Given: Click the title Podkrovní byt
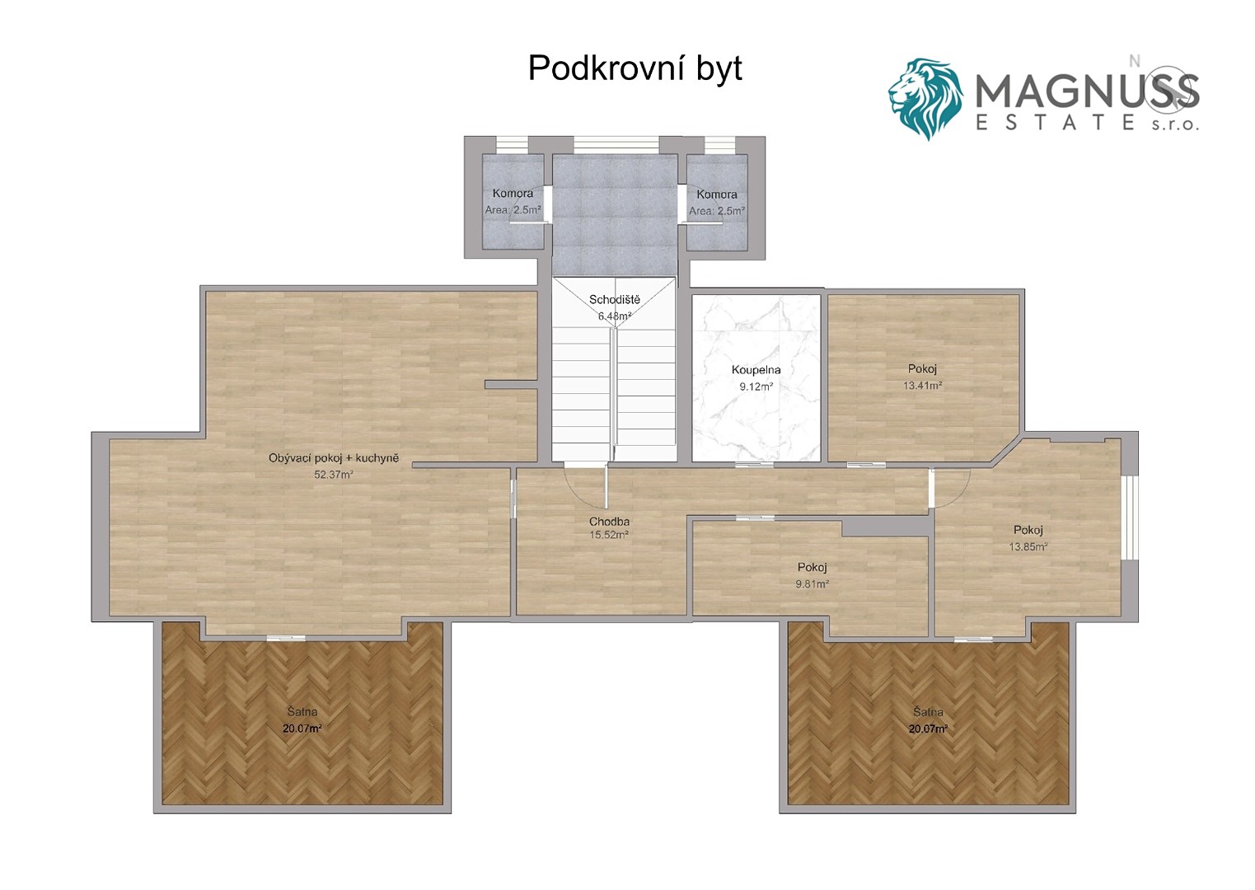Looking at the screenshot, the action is (x=635, y=69).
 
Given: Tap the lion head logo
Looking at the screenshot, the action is (x=925, y=99).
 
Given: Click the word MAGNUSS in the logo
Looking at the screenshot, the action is (x=1087, y=92).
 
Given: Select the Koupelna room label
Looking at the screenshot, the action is (x=756, y=370).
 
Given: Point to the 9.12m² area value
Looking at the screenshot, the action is (x=756, y=386).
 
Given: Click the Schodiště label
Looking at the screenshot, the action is (x=614, y=300).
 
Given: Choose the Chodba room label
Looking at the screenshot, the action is (x=609, y=521).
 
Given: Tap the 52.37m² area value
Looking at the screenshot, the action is (x=334, y=475).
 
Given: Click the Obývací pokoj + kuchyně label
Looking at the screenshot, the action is (x=334, y=458).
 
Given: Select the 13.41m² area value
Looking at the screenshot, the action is (x=922, y=386).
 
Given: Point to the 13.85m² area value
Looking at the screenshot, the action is (x=1028, y=546).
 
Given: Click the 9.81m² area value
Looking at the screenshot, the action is (x=812, y=584).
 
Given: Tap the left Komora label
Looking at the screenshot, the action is (x=513, y=194).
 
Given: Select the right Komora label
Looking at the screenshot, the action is (x=717, y=194).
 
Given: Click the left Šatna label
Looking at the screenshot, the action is (x=302, y=712).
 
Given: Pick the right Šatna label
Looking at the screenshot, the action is (x=928, y=712).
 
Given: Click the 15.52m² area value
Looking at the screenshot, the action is (x=609, y=535).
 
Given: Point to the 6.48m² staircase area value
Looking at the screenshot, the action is (x=615, y=316).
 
